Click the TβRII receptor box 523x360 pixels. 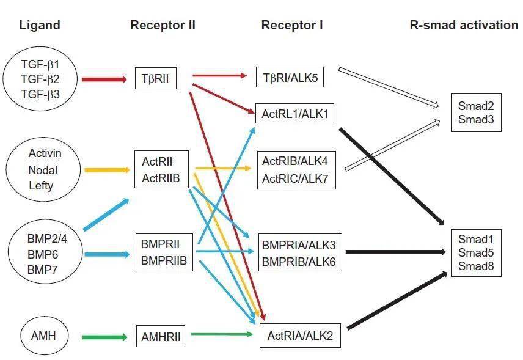tap(156, 78)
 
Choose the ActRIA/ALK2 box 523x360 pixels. tap(300, 336)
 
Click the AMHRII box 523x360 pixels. tap(161, 337)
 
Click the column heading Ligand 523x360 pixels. tap(40, 25)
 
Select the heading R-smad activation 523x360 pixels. tap(463, 25)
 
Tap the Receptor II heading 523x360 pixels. tap(163, 25)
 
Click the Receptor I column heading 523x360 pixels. tap(291, 25)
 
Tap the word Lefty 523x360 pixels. tap(41, 185)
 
